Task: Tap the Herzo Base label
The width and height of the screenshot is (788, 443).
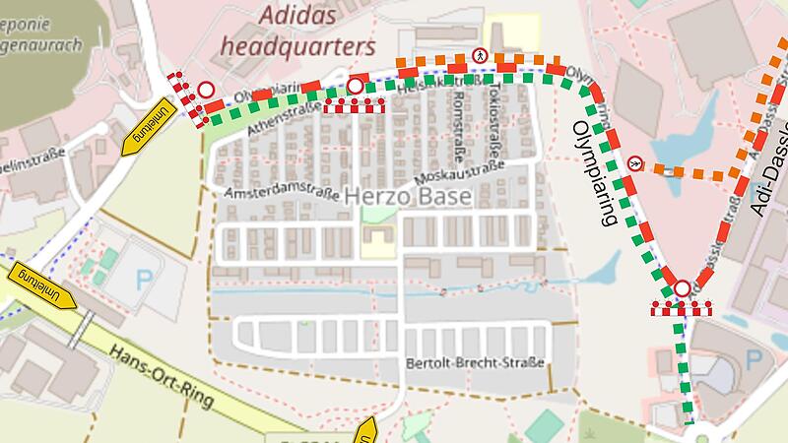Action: [x=408, y=197]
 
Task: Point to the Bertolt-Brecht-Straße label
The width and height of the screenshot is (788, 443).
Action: [x=475, y=363]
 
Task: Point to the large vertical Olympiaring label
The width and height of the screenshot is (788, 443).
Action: [x=597, y=172]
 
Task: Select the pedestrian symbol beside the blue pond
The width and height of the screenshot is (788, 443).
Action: [x=635, y=163]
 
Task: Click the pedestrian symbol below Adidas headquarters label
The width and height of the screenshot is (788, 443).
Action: [x=481, y=56]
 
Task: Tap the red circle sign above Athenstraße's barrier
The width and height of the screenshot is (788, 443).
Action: [x=355, y=88]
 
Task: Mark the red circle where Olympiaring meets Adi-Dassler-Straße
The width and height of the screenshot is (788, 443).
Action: [x=682, y=289]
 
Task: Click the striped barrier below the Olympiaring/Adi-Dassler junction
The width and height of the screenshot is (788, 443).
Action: [x=681, y=309]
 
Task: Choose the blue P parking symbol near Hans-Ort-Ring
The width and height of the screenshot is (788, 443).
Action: [x=145, y=278]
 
